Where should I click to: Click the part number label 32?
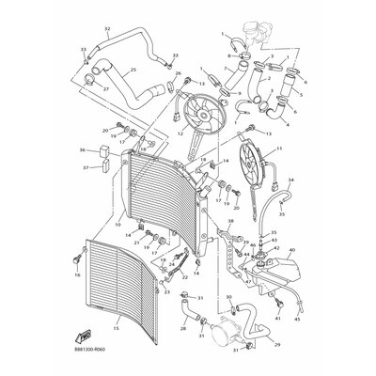click(107, 29)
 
